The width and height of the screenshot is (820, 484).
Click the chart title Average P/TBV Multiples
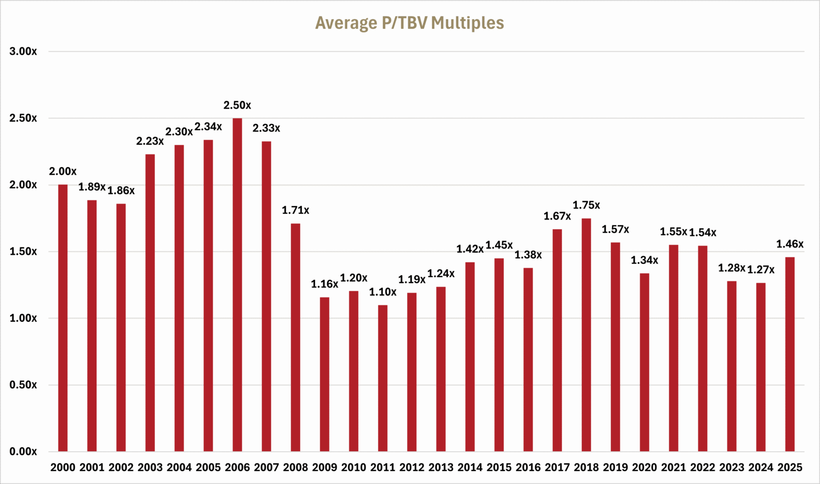click(410, 23)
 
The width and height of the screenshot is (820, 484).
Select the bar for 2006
click(237, 285)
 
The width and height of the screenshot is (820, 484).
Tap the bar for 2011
click(383, 378)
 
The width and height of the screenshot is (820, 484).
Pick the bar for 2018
click(586, 335)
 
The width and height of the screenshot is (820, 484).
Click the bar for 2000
click(63, 318)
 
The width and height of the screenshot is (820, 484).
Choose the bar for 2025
click(790, 354)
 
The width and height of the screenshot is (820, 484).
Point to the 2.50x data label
click(237, 105)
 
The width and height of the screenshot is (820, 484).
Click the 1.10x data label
click(383, 292)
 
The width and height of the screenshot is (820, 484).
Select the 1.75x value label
click(586, 205)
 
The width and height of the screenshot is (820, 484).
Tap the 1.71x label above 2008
click(295, 210)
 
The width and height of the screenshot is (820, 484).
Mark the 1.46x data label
click(790, 244)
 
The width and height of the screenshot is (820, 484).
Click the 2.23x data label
click(150, 141)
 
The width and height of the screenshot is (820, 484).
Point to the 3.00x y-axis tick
click(23, 51)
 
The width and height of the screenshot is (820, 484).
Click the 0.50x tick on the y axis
click(23, 385)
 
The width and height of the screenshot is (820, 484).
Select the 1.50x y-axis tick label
click(23, 251)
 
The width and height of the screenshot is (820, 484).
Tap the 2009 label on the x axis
click(325, 467)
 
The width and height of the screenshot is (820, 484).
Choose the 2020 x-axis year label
click(644, 467)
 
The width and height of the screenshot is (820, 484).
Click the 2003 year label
click(150, 467)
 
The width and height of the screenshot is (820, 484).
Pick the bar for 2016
click(528, 360)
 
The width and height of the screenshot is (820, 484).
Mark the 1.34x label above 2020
click(644, 261)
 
